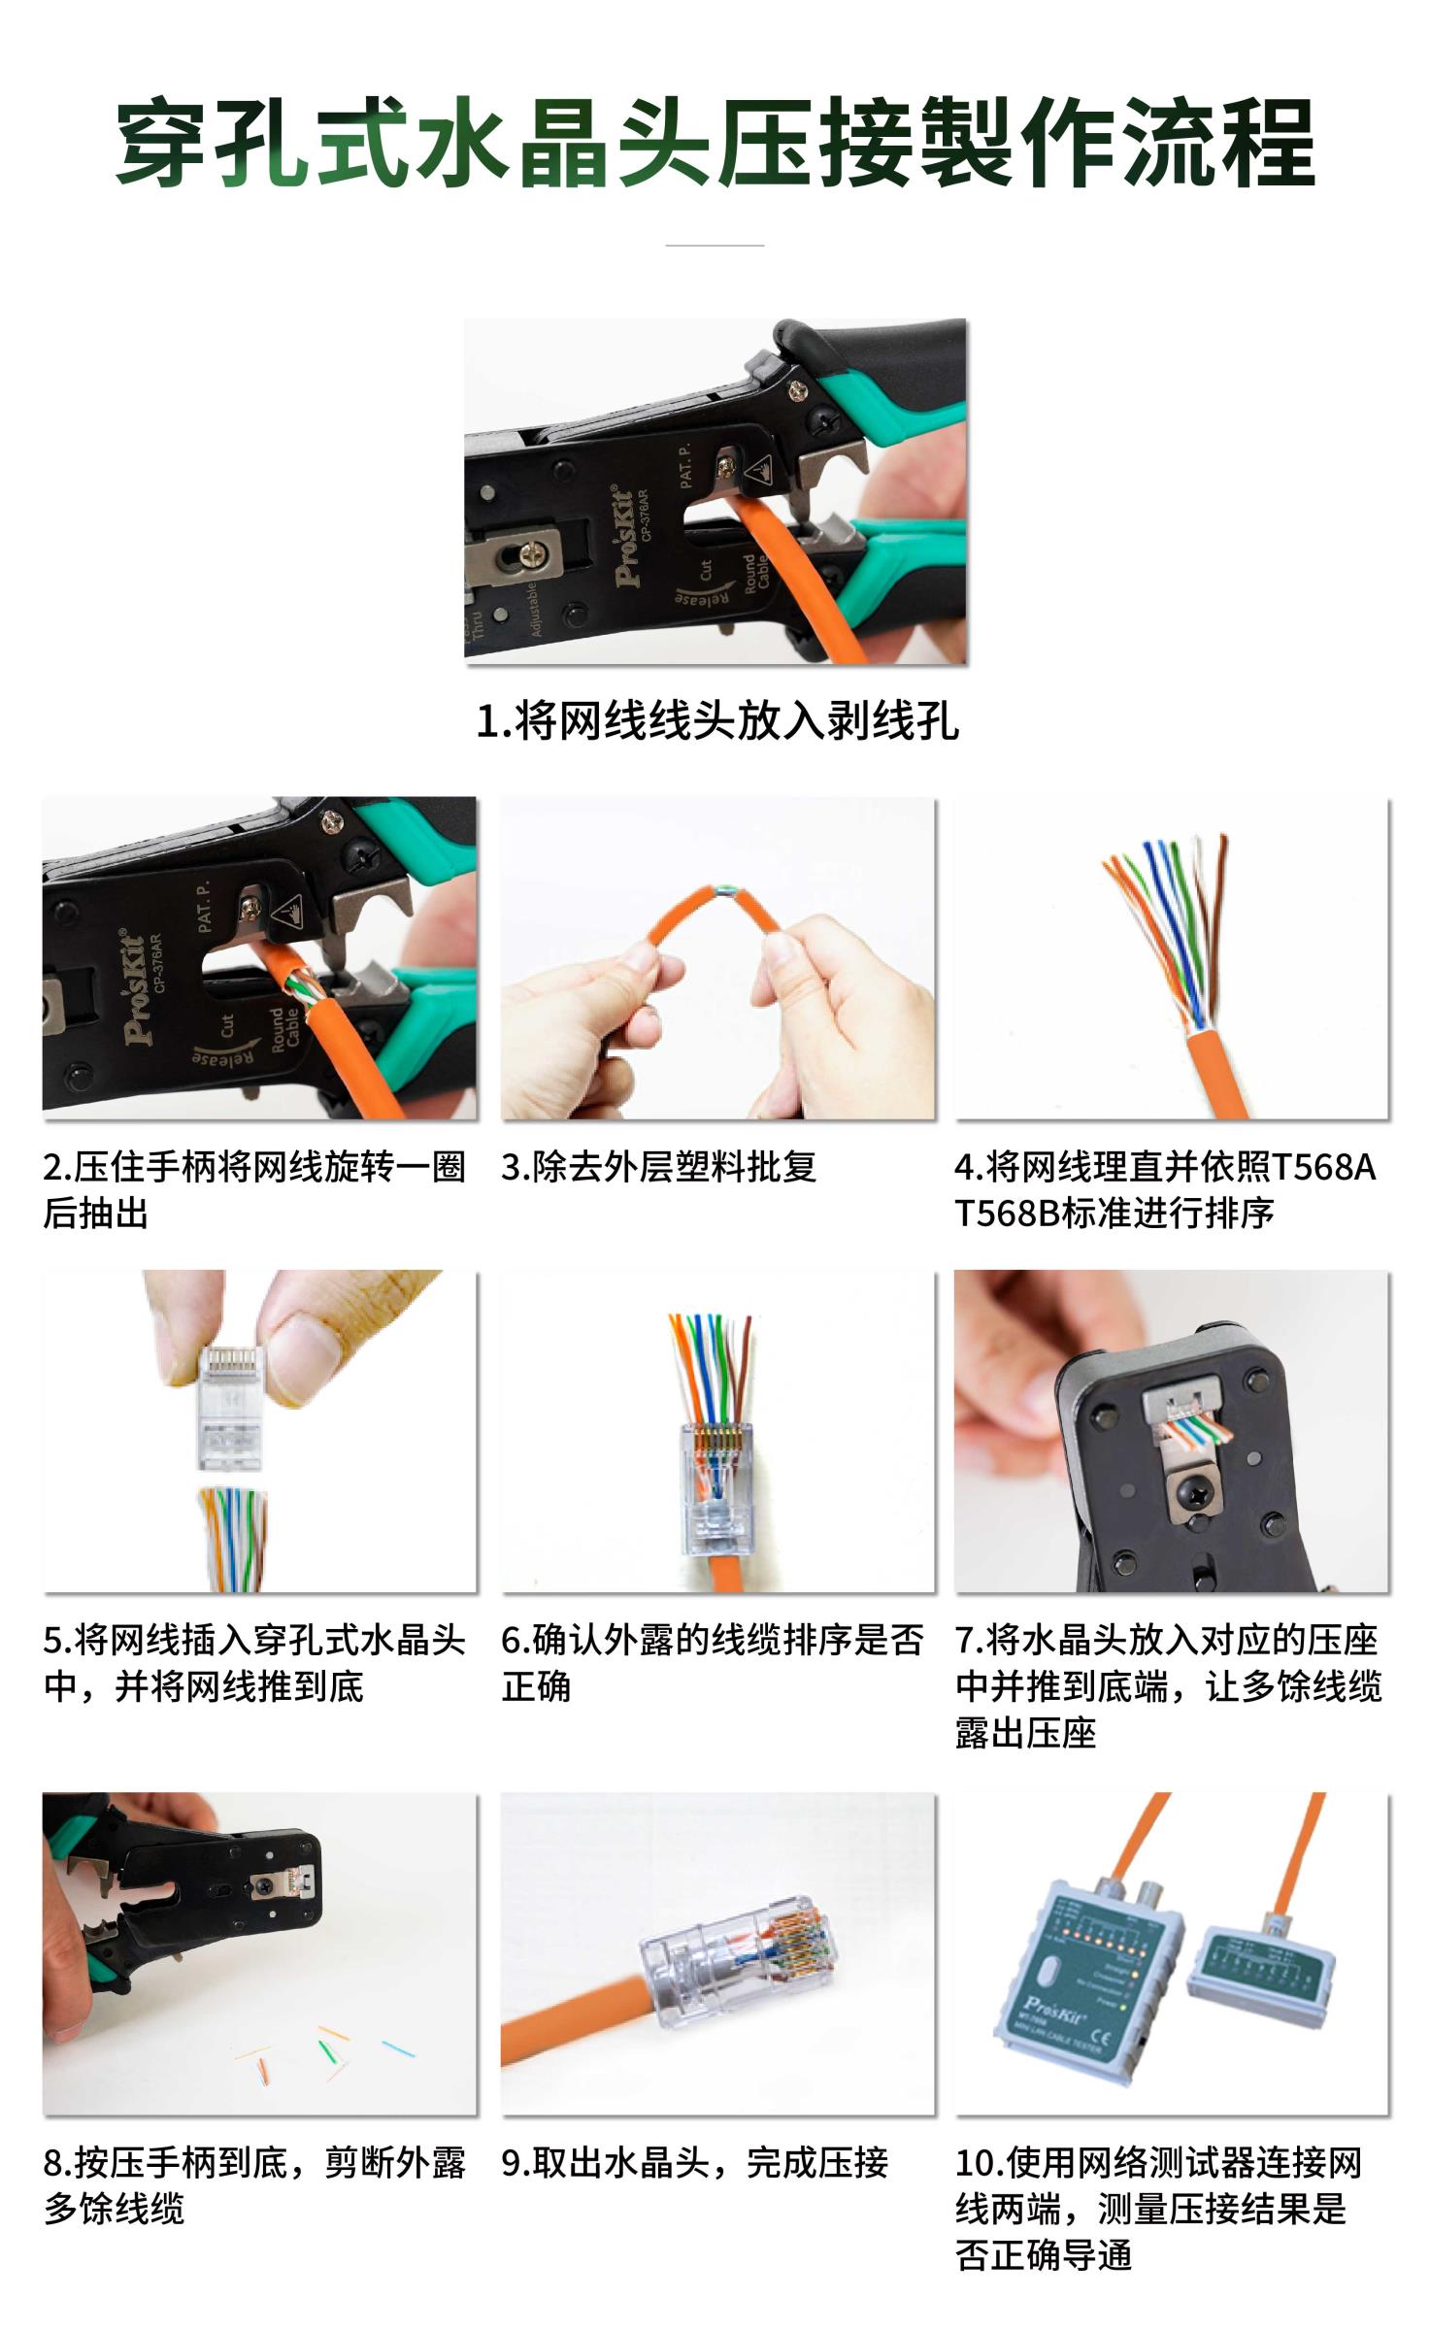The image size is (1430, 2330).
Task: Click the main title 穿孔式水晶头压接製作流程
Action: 715,145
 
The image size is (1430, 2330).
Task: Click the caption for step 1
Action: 717,720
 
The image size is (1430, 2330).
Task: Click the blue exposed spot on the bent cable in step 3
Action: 722,889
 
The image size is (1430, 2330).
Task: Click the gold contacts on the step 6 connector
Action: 716,1441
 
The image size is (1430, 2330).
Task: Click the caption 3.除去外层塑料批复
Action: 658,1167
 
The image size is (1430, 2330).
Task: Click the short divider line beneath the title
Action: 715,245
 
